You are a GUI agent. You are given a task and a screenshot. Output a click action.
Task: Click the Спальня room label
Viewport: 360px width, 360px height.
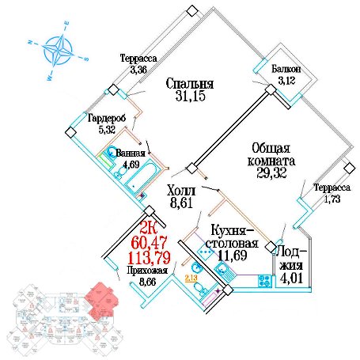tap(190, 84)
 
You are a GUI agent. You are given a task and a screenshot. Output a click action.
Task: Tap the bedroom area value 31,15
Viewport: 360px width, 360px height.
tap(190, 96)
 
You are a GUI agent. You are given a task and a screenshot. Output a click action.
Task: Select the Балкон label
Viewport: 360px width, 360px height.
tap(286, 70)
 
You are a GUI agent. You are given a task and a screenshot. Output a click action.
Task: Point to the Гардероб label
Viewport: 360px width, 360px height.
tap(107, 119)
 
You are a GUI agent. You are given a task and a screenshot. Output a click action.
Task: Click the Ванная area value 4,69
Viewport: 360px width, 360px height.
tap(131, 165)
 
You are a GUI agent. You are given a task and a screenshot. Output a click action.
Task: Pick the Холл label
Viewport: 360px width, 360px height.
tap(181, 191)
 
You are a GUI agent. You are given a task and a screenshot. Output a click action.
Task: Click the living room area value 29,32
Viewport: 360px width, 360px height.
tap(271, 173)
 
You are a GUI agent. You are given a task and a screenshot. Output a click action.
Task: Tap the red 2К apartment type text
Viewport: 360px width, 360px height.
tap(149, 229)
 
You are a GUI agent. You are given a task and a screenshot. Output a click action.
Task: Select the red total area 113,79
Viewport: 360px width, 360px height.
tap(149, 258)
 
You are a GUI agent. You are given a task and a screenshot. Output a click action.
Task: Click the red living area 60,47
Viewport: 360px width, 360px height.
tap(149, 243)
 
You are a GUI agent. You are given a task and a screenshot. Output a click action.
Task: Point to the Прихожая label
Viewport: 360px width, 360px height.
tap(147, 271)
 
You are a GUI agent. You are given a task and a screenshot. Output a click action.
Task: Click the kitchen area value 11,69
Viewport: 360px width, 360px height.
tap(233, 256)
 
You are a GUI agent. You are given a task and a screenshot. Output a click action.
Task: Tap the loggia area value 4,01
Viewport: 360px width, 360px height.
tap(291, 279)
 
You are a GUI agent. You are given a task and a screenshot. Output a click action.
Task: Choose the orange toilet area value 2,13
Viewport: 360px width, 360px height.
tap(191, 278)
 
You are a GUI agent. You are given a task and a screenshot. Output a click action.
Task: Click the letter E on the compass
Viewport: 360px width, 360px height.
tap(66, 23)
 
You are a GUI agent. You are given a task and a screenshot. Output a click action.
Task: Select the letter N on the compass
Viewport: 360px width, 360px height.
tap(30, 42)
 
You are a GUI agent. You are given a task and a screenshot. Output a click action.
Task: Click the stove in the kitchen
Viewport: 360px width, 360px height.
tap(264, 281)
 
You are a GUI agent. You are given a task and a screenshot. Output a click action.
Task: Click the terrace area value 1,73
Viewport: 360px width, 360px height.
tap(332, 199)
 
